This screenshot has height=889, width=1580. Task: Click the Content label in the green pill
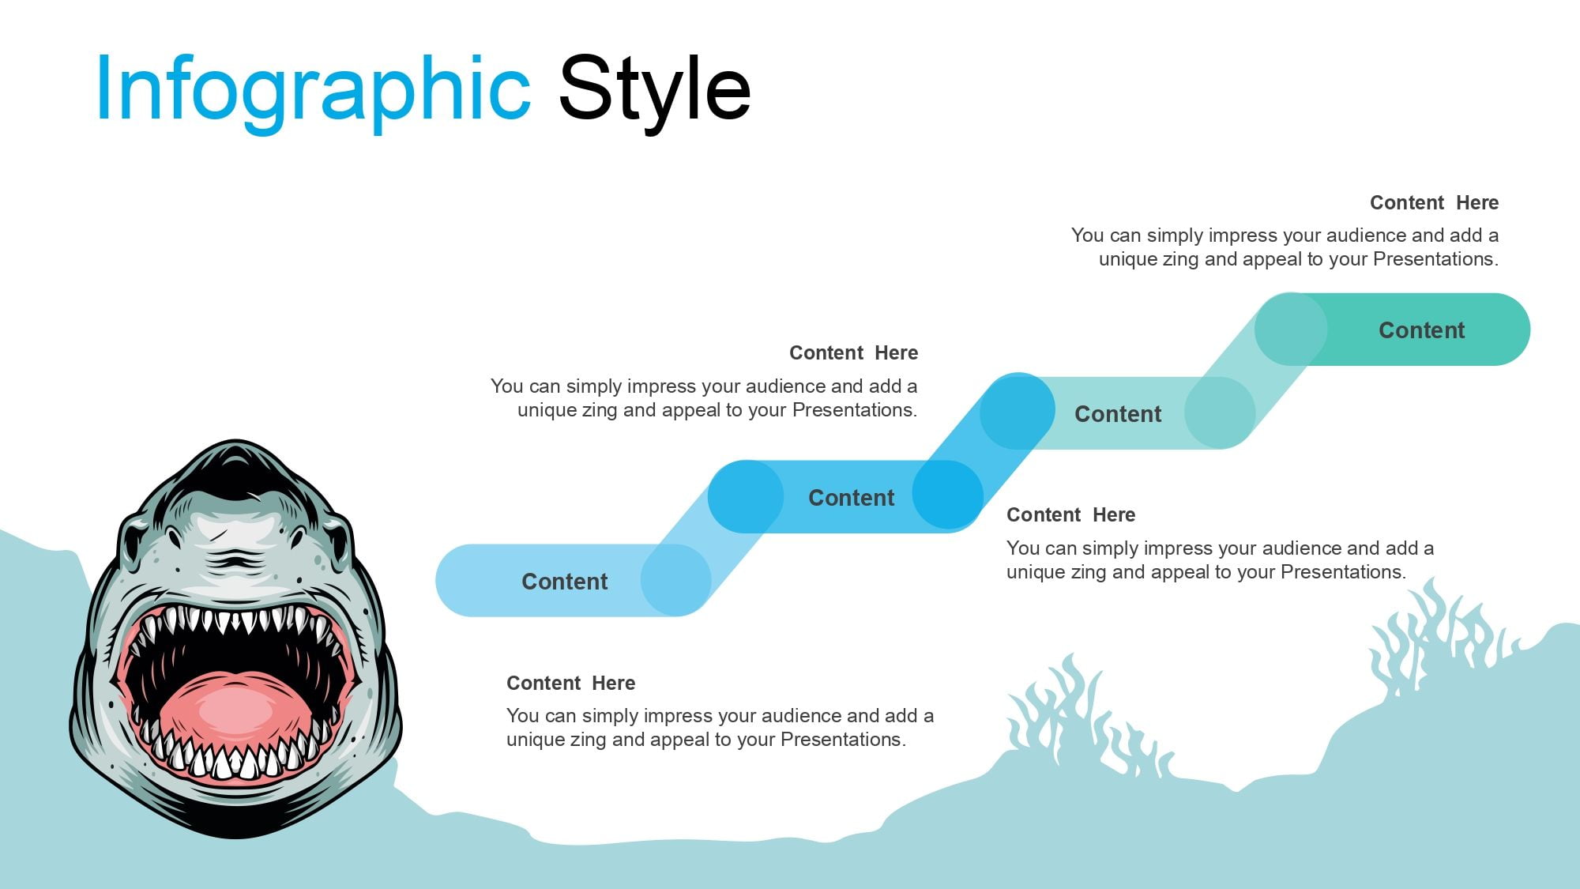coord(1421,330)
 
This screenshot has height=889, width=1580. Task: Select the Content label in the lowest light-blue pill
coord(565,582)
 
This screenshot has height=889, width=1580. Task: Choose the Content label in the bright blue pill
coord(851,498)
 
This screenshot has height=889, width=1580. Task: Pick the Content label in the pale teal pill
coord(1118,414)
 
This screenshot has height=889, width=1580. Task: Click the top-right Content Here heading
coord(1434,203)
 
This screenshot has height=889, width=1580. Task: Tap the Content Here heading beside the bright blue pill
coord(853,353)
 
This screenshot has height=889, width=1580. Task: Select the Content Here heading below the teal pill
coord(1070,515)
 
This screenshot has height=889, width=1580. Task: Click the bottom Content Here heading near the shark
coord(570,684)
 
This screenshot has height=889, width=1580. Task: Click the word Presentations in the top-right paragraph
coord(1435,259)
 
